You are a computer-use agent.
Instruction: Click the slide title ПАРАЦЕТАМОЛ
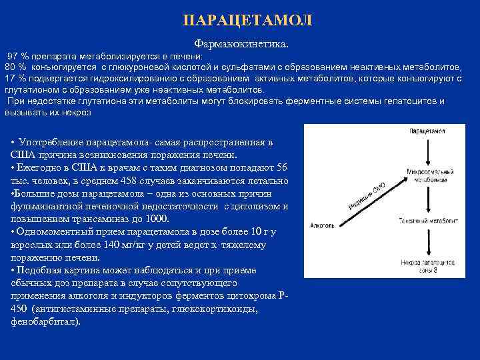point(247,20)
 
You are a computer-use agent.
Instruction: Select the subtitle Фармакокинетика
point(241,43)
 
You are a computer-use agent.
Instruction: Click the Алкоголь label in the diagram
point(323,226)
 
